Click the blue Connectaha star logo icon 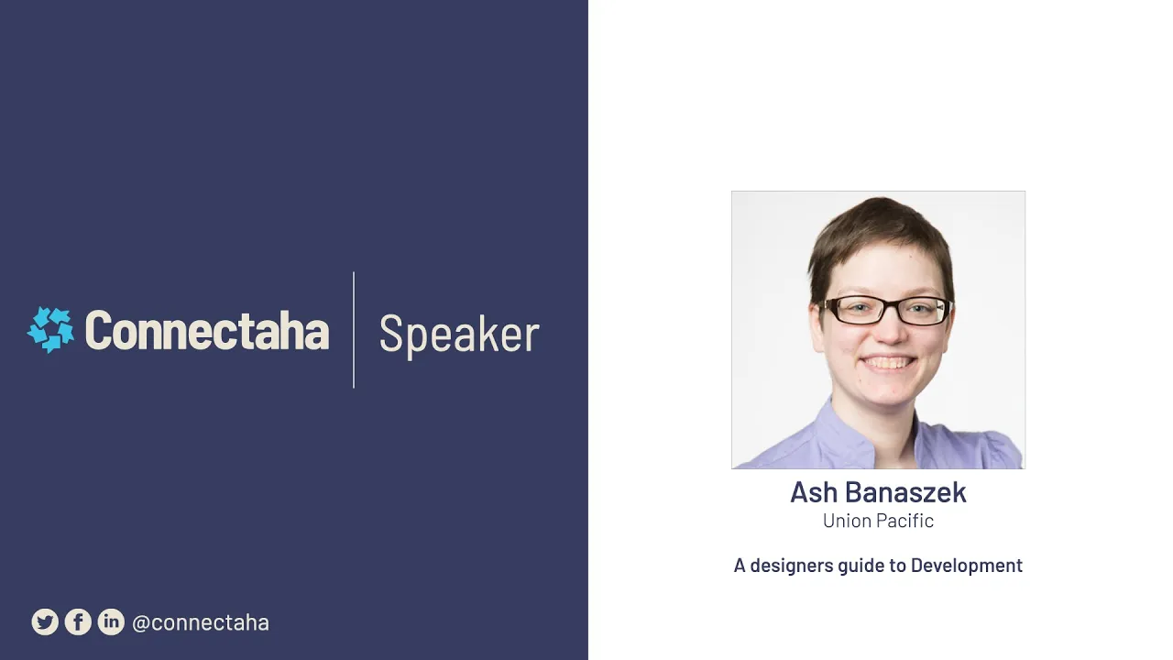(x=50, y=330)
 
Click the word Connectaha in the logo (x=207, y=330)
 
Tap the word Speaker (x=459, y=335)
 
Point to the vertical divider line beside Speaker (x=354, y=330)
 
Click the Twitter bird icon (x=45, y=621)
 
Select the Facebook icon (x=78, y=621)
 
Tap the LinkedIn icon (x=111, y=621)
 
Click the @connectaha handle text (x=201, y=622)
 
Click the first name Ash (x=814, y=492)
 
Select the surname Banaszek (x=906, y=492)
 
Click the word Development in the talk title (x=967, y=566)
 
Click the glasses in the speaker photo (x=885, y=310)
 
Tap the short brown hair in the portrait (x=881, y=236)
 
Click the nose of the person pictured (x=889, y=333)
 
